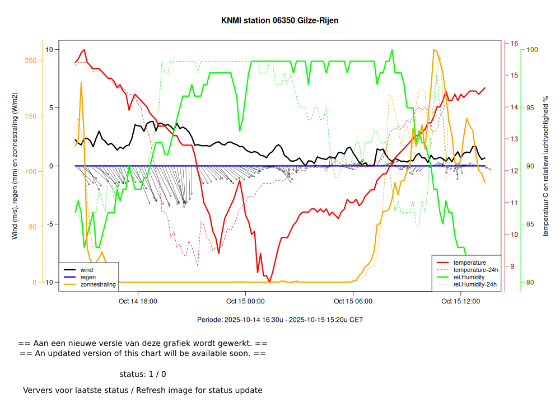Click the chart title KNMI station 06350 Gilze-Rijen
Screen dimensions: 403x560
(280, 20)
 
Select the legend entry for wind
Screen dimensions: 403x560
(87, 270)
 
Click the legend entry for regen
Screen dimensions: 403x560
(88, 277)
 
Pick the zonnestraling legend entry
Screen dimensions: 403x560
(98, 284)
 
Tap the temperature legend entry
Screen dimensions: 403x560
(469, 263)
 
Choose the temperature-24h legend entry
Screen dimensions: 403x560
(474, 270)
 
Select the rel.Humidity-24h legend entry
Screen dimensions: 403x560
(475, 284)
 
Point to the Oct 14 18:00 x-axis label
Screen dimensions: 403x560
(138, 301)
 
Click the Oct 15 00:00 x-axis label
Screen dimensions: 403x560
(245, 301)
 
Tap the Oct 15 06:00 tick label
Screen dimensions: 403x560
(353, 301)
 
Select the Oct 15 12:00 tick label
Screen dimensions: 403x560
(460, 301)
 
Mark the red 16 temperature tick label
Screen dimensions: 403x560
(514, 43)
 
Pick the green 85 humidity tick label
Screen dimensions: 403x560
(530, 224)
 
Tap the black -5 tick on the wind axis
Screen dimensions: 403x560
(49, 224)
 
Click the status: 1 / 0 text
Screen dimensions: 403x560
(143, 374)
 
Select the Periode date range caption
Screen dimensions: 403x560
(280, 320)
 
